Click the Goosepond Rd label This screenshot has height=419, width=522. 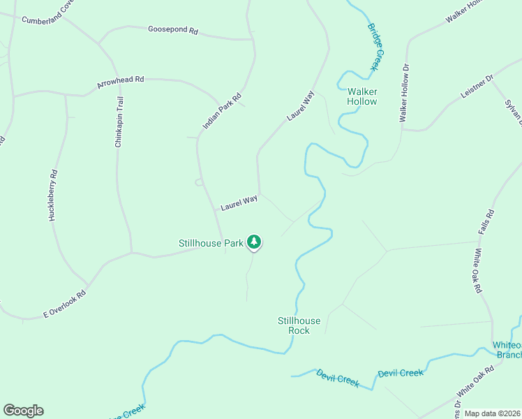coord(173,30)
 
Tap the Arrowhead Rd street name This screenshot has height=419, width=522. coord(120,82)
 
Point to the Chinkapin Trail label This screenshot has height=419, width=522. coord(119,122)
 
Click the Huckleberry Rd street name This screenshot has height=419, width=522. coord(53,196)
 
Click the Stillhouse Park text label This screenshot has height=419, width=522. coord(210,243)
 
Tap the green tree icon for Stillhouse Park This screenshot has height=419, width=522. coord(255,242)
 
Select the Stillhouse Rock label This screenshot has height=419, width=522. coord(299,325)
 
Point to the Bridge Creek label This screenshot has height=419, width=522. coord(375,47)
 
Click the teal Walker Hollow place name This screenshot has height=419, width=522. coord(362,96)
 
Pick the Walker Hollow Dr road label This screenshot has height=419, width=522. coord(403,93)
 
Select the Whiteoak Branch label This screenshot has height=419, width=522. coord(507,350)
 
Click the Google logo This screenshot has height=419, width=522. coord(23,411)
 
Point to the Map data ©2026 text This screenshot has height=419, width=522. coord(493,413)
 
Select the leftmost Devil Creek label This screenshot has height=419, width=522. coord(337,378)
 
